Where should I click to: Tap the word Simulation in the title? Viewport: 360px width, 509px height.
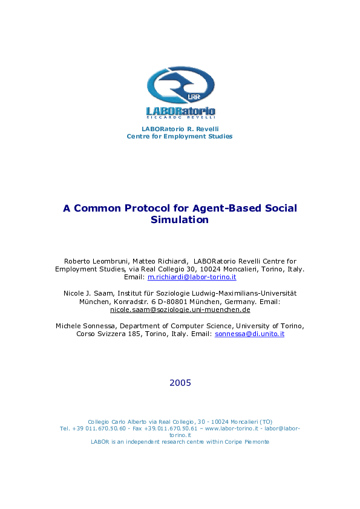pos(180,220)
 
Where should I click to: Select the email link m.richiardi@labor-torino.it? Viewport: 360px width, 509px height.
pos(192,277)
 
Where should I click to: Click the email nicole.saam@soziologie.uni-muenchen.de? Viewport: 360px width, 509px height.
pos(180,310)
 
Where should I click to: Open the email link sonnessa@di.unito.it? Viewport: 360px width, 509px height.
pos(249,334)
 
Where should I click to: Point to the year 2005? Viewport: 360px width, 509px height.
pos(180,383)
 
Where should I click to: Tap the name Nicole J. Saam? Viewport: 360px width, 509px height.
pos(84,293)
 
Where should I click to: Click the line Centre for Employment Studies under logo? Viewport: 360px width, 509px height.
pos(180,137)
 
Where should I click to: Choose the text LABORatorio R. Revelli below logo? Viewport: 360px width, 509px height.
pos(180,129)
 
